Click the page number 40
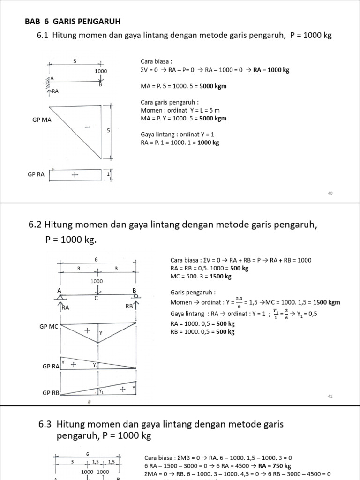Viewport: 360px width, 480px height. (330, 193)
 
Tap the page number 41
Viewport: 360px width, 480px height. (330, 396)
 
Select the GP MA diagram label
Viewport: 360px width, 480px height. (42, 120)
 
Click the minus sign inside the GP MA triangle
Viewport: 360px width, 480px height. (87, 127)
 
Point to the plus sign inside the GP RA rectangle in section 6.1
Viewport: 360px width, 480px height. (75, 174)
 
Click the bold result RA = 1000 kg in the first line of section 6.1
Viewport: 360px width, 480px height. (271, 70)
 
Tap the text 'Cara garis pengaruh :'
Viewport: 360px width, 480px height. (170, 102)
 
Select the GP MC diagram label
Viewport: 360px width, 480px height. (49, 326)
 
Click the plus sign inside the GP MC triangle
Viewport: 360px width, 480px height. (87, 330)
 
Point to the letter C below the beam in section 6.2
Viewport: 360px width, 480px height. (96, 298)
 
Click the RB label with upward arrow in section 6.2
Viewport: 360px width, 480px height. (131, 307)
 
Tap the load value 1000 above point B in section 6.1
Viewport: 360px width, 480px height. (101, 71)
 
